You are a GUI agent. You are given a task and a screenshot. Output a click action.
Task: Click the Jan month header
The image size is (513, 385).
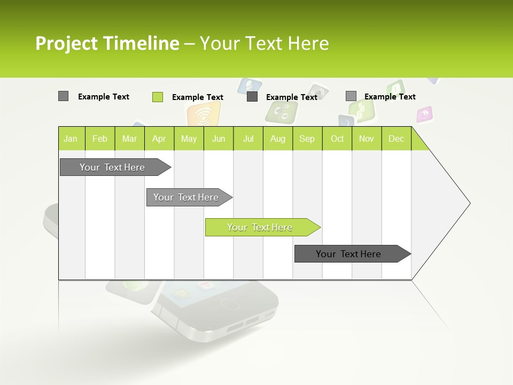click(71, 139)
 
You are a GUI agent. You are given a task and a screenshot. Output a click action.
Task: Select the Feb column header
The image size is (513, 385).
click(100, 139)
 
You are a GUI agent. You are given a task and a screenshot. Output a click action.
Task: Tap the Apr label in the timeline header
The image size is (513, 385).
click(159, 139)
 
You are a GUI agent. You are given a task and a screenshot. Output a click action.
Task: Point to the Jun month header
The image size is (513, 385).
click(219, 139)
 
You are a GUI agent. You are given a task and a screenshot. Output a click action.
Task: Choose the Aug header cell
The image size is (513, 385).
click(277, 139)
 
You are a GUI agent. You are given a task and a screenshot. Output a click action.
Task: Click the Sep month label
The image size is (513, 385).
click(307, 139)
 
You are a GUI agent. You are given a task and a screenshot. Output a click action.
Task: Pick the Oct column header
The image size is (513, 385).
click(337, 139)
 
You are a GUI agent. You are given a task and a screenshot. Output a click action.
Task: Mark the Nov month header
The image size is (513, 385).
click(367, 139)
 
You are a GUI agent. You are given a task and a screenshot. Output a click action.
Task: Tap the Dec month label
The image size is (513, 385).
click(396, 139)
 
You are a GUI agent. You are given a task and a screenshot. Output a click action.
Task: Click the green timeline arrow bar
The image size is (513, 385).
click(260, 227)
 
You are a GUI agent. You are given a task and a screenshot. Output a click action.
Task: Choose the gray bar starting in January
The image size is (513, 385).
click(113, 167)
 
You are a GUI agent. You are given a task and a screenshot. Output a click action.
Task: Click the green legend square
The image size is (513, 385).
click(158, 97)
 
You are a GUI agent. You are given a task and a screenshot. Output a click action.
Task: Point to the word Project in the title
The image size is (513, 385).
click(67, 43)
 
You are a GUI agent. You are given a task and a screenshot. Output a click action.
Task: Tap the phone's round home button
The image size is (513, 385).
click(230, 304)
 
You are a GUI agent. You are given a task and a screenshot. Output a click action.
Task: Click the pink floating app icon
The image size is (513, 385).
click(424, 114)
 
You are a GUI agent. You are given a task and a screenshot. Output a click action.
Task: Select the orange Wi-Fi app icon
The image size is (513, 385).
click(203, 114)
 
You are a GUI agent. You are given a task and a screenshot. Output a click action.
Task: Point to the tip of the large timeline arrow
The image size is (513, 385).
click(469, 203)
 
